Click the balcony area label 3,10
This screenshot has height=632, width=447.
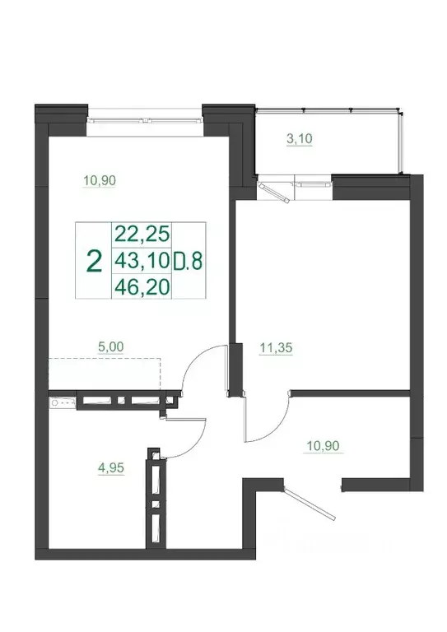(299, 139)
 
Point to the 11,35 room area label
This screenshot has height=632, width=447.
(277, 347)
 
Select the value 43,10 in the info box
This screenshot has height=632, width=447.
(141, 262)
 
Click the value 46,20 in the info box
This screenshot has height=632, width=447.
(141, 288)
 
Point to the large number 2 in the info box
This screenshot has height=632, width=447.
(94, 262)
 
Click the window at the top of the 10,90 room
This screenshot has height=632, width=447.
(145, 116)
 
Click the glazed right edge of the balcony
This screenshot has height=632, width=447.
(403, 140)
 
